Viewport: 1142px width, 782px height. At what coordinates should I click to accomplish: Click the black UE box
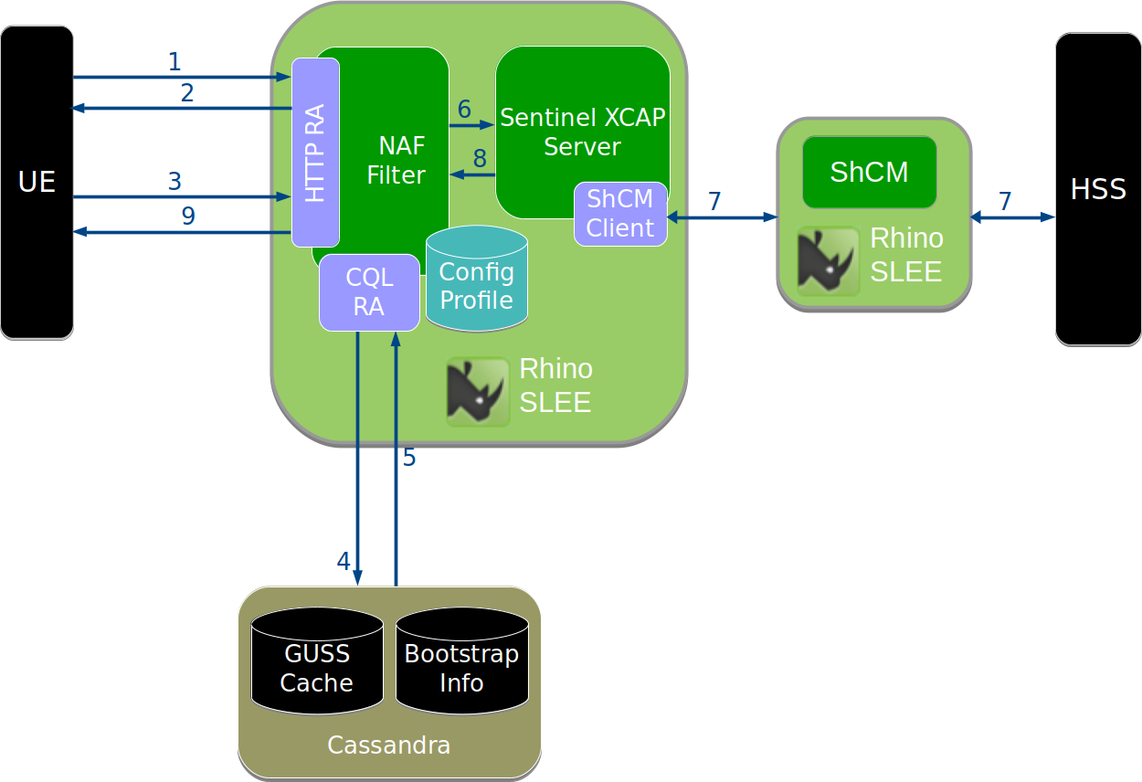click(x=37, y=183)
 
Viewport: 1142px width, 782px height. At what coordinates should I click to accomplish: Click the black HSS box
click(x=1097, y=189)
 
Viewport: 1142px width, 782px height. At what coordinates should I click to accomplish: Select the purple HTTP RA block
click(x=315, y=153)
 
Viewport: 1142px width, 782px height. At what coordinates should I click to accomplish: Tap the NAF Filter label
click(x=397, y=160)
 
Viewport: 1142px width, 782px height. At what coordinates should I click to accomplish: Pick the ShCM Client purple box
click(x=620, y=214)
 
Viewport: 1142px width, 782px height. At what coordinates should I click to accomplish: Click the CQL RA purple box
click(x=369, y=292)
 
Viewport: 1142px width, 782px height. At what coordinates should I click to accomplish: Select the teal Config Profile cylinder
click(x=476, y=285)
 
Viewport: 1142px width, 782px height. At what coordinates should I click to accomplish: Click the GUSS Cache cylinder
click(x=317, y=668)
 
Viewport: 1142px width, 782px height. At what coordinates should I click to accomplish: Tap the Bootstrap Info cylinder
click(x=461, y=668)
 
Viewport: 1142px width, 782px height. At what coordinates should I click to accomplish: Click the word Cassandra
click(x=388, y=745)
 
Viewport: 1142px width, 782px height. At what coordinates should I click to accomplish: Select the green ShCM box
click(x=869, y=172)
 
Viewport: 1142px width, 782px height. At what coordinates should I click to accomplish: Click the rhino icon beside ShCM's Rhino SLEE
click(x=828, y=261)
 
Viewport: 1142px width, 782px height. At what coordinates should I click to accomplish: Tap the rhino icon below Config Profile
click(x=477, y=392)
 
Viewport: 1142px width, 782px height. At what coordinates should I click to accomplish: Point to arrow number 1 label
click(x=174, y=63)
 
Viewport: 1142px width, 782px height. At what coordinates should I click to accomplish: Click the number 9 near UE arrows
click(x=188, y=217)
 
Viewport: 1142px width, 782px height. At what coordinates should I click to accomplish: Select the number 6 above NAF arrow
click(x=464, y=110)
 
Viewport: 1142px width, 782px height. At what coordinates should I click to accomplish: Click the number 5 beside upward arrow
click(x=409, y=458)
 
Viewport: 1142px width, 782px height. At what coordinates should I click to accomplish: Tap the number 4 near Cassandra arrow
click(x=344, y=561)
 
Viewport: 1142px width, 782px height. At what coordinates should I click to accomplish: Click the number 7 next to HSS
click(x=1005, y=201)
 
